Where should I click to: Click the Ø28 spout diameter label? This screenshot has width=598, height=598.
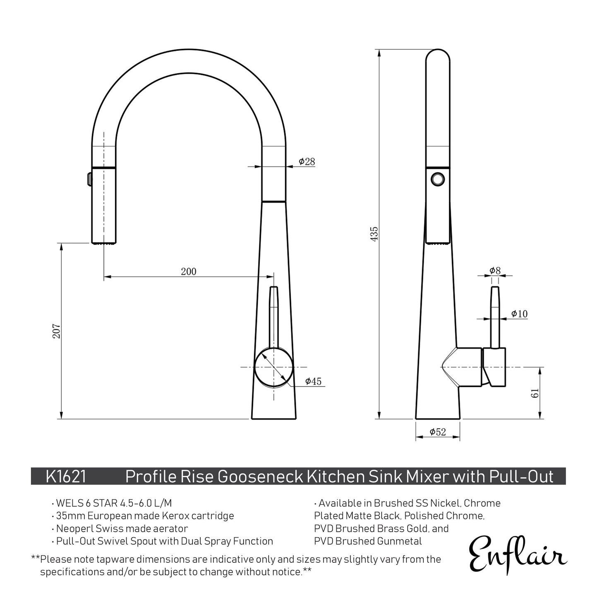tap(307, 162)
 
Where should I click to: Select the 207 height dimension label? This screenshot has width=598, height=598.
tap(57, 331)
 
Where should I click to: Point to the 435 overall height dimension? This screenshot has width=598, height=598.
tap(374, 234)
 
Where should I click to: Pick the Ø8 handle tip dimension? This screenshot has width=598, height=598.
tap(495, 271)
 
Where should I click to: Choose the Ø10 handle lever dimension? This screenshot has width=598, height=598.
tap(519, 314)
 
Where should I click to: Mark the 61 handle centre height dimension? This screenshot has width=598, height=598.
tap(535, 393)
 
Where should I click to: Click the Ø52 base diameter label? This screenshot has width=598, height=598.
tap(438, 432)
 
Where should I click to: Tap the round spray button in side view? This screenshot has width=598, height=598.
tap(437, 179)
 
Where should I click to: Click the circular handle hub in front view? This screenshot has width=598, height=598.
tap(274, 367)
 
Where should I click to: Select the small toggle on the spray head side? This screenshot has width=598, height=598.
tap(89, 179)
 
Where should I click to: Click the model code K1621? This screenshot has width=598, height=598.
tap(66, 477)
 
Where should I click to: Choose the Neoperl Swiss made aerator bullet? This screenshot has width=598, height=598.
tap(122, 528)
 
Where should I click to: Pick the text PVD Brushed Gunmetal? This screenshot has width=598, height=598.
tap(368, 541)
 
